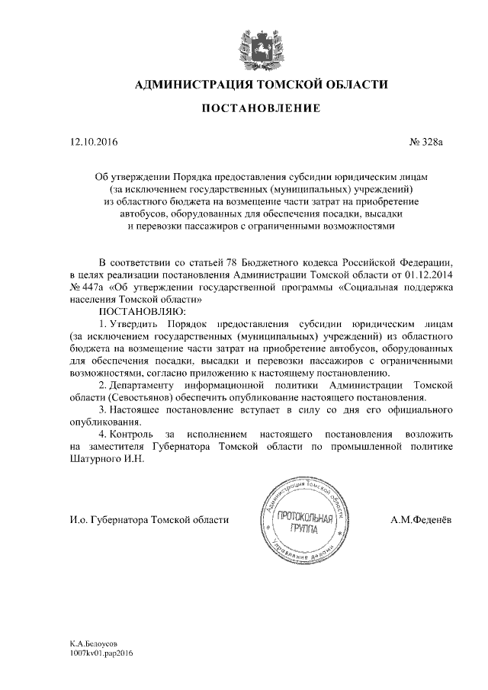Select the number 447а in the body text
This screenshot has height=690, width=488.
pyautogui.click(x=91, y=287)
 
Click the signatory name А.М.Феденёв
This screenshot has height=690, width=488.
pyautogui.click(x=419, y=519)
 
